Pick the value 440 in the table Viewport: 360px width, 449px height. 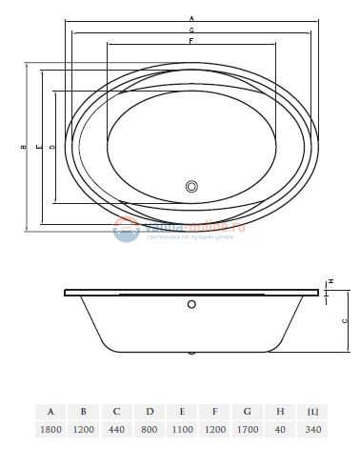point(116,430)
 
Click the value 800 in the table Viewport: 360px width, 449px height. point(150,430)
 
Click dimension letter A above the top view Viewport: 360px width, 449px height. point(191,18)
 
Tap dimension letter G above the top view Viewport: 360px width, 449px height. point(191,31)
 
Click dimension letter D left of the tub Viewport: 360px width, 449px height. point(50,148)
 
